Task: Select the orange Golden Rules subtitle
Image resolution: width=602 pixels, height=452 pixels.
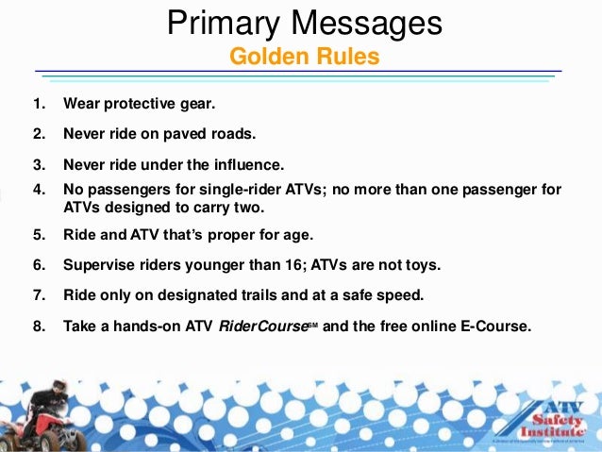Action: point(304,58)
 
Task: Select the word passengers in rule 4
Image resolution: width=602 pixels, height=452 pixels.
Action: point(125,189)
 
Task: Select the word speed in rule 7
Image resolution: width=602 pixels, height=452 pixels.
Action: point(403,295)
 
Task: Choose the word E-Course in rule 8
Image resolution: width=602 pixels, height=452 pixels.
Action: point(497,326)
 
